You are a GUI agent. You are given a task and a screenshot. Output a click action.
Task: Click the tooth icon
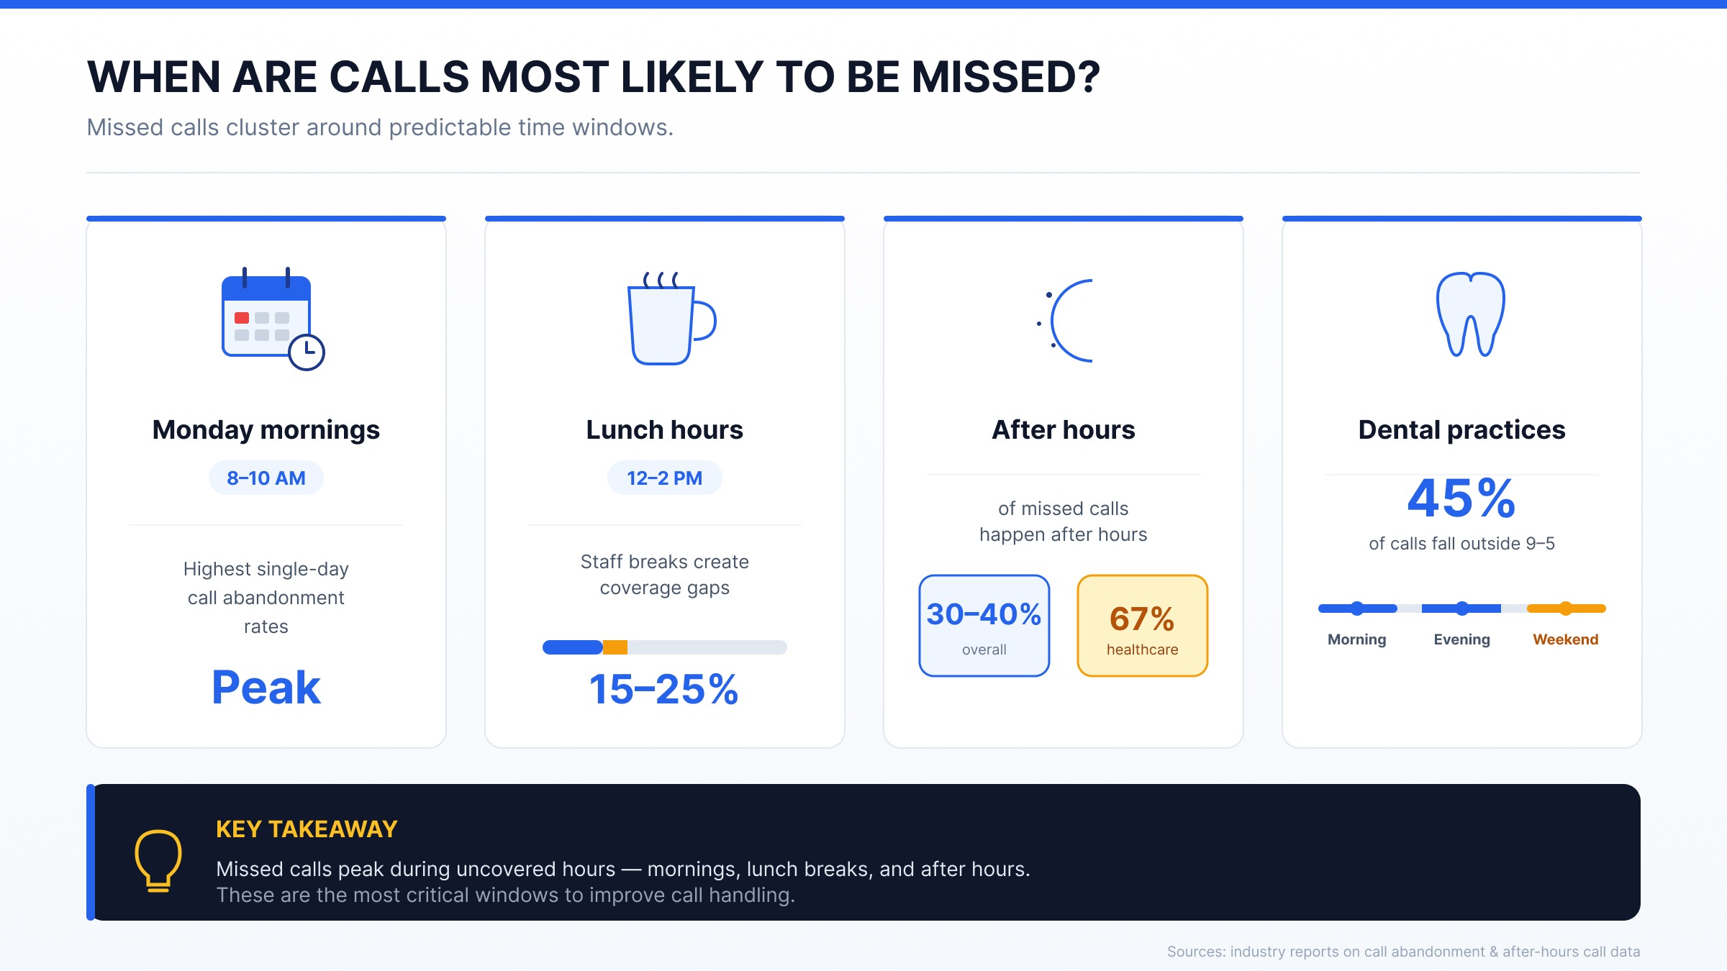(1470, 314)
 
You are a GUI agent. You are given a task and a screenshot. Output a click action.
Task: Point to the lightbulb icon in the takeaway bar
(158, 860)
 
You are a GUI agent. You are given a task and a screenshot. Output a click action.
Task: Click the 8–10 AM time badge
(266, 478)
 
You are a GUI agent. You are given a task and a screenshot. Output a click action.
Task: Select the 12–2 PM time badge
(664, 478)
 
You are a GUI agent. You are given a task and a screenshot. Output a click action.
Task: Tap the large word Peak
(266, 688)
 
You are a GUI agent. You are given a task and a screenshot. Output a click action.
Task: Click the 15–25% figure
(663, 689)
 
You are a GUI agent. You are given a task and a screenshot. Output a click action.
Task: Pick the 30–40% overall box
(984, 626)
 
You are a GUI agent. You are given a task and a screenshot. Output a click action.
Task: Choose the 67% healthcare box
(1142, 626)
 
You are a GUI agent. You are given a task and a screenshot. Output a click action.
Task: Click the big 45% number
(1461, 498)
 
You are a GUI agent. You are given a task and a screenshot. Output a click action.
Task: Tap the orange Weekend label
(1565, 639)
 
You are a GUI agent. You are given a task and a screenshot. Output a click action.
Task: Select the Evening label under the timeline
(1461, 639)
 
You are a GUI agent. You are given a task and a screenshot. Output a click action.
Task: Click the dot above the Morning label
(1357, 608)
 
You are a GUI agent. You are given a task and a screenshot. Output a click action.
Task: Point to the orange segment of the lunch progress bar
(615, 647)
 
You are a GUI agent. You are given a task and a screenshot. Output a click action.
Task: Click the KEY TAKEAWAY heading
(307, 829)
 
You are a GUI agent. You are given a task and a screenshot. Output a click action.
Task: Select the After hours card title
(1063, 430)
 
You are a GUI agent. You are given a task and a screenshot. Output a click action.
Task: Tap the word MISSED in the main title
(1006, 77)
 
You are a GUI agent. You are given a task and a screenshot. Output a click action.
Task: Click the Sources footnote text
(1403, 952)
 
